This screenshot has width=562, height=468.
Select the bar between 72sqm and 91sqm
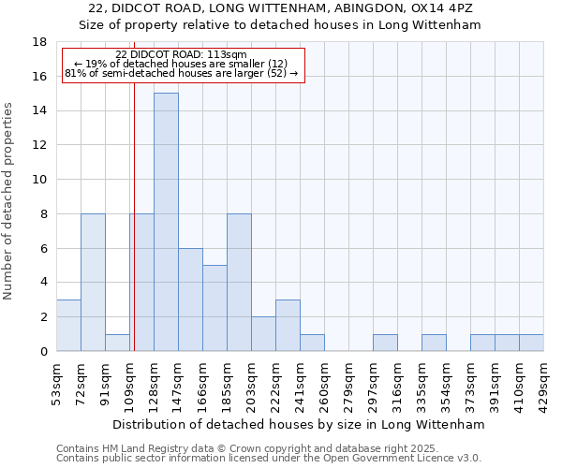[93, 283]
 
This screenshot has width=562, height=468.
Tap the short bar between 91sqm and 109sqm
[117, 343]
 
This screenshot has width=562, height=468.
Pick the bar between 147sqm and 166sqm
[190, 300]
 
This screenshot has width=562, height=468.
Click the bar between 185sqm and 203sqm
[239, 283]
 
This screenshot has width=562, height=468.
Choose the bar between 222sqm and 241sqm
[288, 326]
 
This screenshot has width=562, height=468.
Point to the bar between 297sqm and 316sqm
[385, 343]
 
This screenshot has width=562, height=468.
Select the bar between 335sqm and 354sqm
[434, 343]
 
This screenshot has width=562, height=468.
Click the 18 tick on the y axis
[40, 42]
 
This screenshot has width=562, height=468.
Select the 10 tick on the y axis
[40, 180]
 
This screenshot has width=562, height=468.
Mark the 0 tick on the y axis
[43, 352]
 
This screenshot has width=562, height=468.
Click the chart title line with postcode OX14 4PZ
[280, 8]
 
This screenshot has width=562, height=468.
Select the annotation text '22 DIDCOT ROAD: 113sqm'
[183, 55]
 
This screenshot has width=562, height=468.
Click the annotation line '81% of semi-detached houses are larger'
[183, 73]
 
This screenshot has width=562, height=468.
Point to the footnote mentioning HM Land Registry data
[267, 448]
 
